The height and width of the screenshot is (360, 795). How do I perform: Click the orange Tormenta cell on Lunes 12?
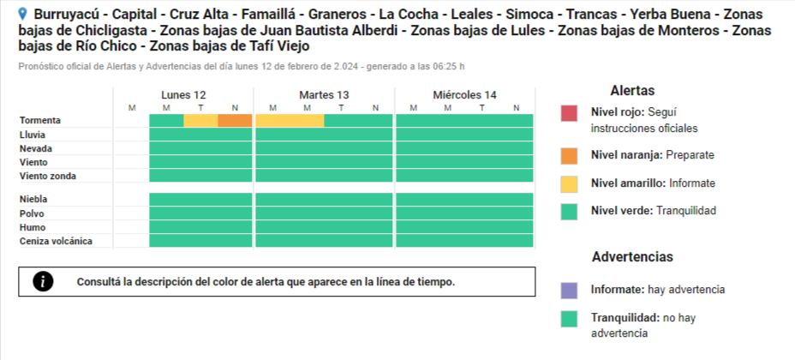235,121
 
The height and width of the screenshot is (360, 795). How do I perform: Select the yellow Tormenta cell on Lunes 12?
200,121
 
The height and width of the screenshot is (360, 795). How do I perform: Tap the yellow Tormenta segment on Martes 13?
290,121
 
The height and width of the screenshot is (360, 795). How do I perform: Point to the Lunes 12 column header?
183,94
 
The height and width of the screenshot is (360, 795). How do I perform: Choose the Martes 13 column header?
324,94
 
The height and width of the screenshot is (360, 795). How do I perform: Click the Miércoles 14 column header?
464,94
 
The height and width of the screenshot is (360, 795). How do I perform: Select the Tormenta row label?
39,121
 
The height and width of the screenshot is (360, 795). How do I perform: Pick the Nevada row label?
36,148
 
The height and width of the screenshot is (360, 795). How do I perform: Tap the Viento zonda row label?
48,176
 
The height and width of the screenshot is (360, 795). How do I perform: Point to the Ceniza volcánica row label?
55,241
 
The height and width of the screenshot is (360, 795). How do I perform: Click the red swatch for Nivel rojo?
570,113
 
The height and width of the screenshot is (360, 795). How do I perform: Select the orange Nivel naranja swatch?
570,155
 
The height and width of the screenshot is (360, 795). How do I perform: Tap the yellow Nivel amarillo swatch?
570,183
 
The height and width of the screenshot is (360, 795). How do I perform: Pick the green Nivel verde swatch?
570,210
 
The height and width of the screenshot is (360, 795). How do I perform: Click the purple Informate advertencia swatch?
570,290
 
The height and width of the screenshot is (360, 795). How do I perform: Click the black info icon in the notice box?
43,281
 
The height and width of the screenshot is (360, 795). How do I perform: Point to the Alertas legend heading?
632,90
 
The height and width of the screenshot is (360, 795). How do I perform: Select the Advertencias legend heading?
632,256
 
